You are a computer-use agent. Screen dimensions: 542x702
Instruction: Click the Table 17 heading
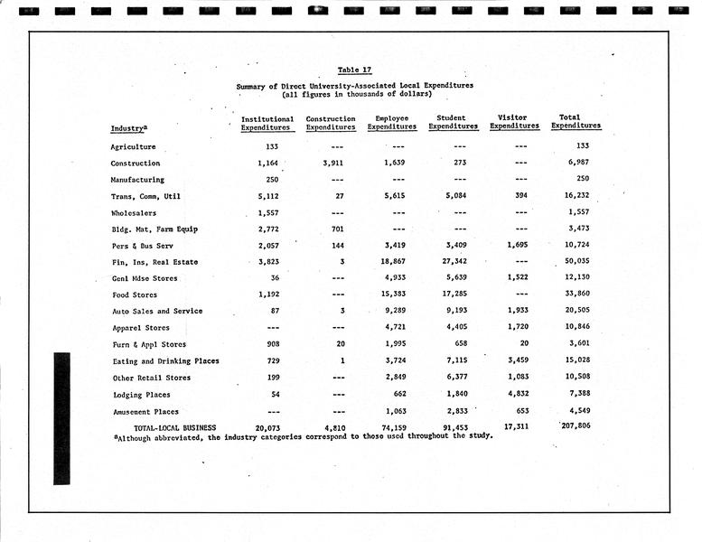click(354, 70)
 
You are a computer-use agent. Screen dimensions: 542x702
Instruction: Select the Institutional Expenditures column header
click(267, 123)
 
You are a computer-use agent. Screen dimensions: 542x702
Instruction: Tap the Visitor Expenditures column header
click(514, 123)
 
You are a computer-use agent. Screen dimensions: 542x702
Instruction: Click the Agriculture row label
click(133, 147)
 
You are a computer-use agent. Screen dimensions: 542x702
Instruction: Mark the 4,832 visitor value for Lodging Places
click(514, 395)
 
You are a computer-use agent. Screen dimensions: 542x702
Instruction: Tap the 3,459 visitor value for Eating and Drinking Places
click(514, 361)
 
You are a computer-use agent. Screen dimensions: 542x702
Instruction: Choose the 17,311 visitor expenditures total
click(513, 425)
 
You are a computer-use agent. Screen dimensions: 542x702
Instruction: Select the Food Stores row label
click(135, 295)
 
